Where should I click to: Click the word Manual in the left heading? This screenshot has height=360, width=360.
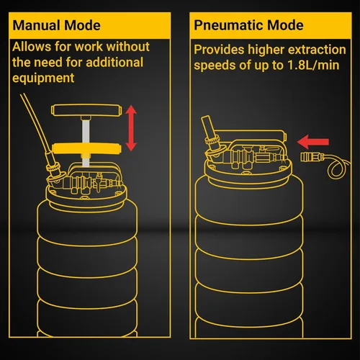[x=36, y=25]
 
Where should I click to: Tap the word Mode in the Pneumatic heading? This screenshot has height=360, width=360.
[x=285, y=25]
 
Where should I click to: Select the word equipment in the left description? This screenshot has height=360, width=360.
[x=43, y=78]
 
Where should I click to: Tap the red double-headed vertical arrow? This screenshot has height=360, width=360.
[x=131, y=128]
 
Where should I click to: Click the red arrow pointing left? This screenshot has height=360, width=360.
[x=312, y=142]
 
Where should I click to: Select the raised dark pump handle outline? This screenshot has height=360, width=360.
[x=86, y=110]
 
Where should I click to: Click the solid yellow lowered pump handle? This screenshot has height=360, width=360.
[x=86, y=148]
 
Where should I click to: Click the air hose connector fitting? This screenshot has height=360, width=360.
[x=310, y=158]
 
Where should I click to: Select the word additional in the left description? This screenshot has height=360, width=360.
[x=114, y=63]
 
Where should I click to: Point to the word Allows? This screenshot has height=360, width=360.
[x=32, y=46]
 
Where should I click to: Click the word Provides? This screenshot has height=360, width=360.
[x=219, y=50]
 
